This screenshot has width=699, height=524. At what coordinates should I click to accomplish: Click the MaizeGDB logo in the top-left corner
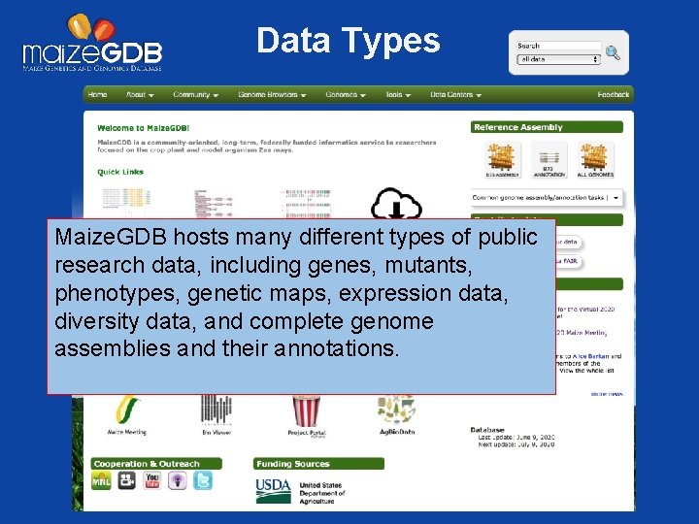[92, 45]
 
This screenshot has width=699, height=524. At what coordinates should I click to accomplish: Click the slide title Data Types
[348, 41]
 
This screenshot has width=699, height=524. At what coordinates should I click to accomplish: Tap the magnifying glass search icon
[613, 52]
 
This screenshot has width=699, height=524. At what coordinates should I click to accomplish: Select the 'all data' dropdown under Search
[558, 59]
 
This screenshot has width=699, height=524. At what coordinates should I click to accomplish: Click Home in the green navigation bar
[97, 95]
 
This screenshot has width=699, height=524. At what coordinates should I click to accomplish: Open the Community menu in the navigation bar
[194, 95]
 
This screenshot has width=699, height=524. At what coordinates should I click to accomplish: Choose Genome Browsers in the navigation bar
[272, 95]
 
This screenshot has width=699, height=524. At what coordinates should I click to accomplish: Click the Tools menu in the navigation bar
[397, 95]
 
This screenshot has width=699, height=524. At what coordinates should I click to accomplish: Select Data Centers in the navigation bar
[455, 95]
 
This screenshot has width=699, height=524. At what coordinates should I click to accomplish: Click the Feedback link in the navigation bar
[613, 95]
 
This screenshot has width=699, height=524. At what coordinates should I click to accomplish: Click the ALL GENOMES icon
[596, 158]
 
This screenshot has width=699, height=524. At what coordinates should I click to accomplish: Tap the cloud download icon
[396, 206]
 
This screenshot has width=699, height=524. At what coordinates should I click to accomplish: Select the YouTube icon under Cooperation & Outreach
[151, 480]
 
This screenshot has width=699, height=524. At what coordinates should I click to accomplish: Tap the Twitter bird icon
[202, 480]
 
